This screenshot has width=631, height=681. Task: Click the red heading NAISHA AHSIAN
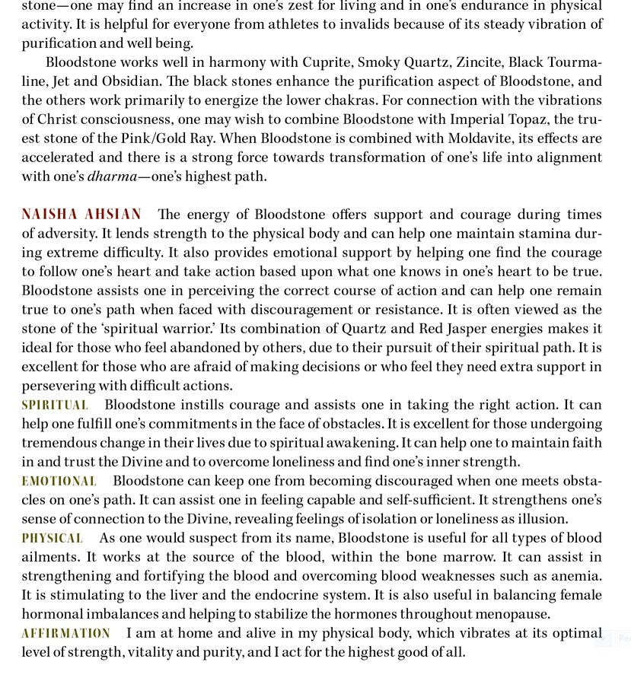click(x=81, y=215)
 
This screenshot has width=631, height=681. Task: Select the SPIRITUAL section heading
click(x=55, y=405)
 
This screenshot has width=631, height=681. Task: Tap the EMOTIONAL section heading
click(x=59, y=481)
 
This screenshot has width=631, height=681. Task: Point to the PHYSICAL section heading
click(x=52, y=538)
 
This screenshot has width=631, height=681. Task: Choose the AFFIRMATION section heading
click(x=65, y=633)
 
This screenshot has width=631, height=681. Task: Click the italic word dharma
click(x=112, y=177)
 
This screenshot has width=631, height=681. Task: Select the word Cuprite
click(x=326, y=62)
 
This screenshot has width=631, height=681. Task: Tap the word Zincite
click(x=477, y=62)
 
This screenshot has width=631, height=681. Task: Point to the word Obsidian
click(x=130, y=81)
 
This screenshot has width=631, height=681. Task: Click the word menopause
click(x=514, y=614)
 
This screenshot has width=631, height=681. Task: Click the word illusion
click(x=541, y=519)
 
